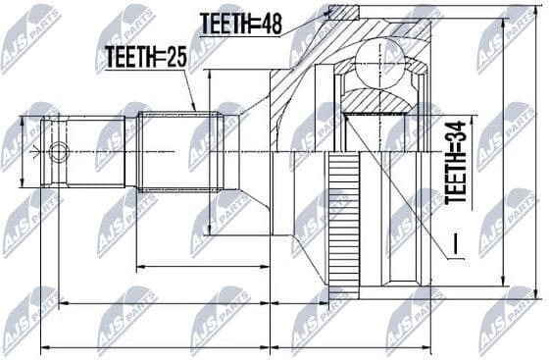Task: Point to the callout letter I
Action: coord(454,239)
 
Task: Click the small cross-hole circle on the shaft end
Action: coord(59,152)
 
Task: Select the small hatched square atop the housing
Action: coord(344,12)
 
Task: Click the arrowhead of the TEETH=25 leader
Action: coord(195,108)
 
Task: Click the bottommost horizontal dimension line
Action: coord(235,347)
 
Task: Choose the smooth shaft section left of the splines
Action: coord(103,152)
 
